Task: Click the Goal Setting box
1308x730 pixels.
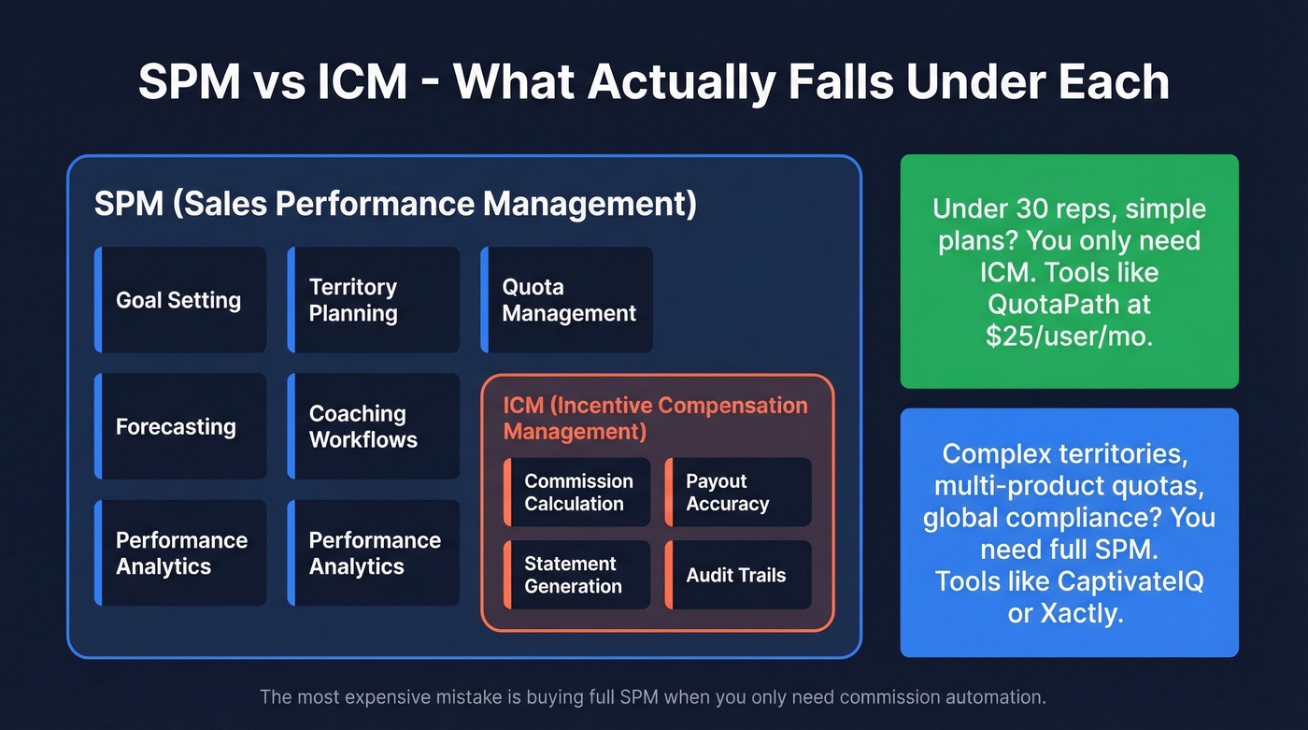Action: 180,300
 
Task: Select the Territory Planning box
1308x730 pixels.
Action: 374,300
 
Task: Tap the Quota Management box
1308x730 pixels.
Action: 567,300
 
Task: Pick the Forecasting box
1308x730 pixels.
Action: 180,426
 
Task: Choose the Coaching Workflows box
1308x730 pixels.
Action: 374,426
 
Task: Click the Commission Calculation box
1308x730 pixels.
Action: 576,493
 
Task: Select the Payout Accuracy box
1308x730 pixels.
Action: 738,493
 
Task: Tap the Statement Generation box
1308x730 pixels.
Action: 576,575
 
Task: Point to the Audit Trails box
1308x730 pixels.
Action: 738,575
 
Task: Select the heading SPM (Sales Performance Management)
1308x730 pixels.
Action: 395,204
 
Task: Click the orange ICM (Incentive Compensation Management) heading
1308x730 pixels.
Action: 655,418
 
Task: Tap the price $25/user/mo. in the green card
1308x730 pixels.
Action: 1069,336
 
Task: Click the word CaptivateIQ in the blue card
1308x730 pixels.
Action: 1130,580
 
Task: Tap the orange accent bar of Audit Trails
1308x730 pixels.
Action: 669,575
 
